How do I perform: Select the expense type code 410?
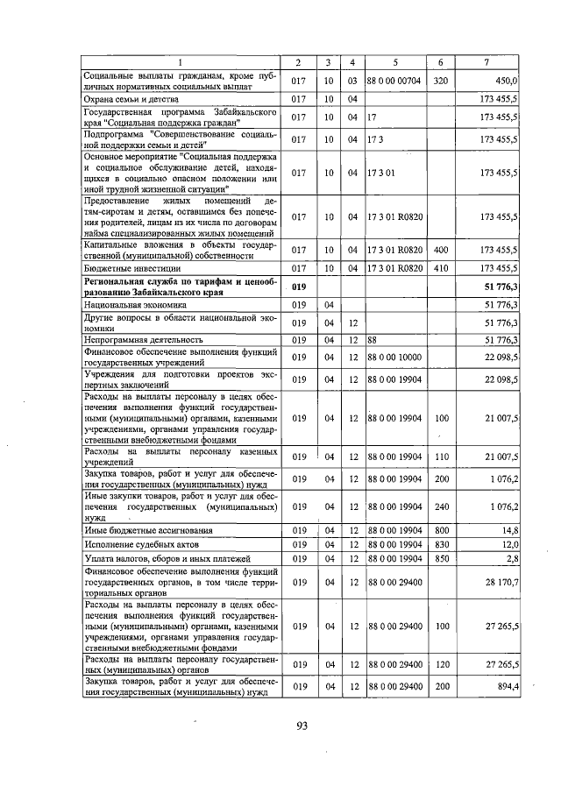click(x=441, y=267)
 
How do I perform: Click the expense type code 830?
click(x=441, y=544)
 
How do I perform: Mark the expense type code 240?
click(x=441, y=506)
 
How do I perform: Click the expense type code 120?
click(x=441, y=664)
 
